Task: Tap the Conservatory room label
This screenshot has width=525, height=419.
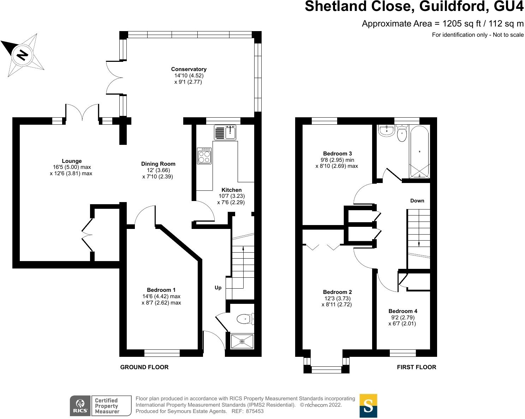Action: point(189,69)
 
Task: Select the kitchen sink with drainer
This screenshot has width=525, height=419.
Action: point(225,133)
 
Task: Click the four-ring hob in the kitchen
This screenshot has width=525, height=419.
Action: point(204,155)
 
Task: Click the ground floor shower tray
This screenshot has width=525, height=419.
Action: point(242,341)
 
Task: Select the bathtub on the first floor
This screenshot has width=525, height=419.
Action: point(419,152)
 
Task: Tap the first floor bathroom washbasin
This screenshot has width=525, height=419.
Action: point(387,131)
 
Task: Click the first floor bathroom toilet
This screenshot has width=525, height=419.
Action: point(402,134)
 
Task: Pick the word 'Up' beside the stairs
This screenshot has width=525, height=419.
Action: point(218,288)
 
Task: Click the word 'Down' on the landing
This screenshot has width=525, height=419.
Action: point(417,201)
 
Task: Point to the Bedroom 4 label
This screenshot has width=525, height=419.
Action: point(402,311)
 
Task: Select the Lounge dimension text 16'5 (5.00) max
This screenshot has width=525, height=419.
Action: point(72,167)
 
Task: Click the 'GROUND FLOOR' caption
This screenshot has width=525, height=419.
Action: point(144,367)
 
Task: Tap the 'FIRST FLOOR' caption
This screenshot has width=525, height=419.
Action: point(416,367)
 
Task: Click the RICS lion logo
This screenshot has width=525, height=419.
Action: point(80,405)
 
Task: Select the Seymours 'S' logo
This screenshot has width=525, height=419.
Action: point(368,406)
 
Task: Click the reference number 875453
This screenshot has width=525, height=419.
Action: point(255,411)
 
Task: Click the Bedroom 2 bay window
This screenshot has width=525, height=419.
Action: point(326,369)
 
